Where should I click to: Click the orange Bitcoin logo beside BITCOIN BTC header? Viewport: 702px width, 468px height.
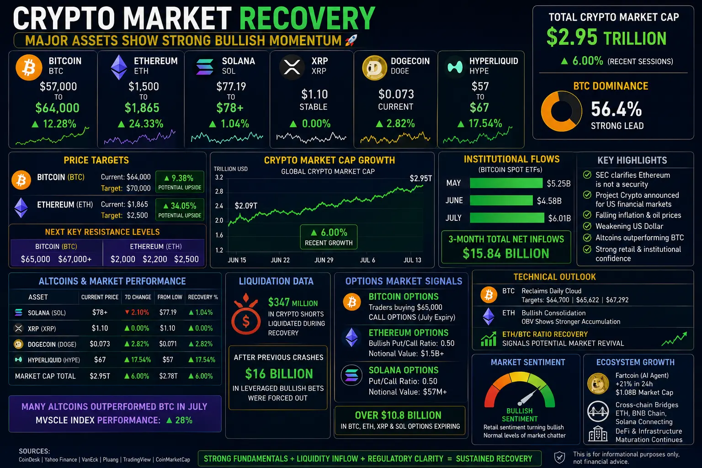point(29,67)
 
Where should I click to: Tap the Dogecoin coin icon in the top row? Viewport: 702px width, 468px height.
point(374,67)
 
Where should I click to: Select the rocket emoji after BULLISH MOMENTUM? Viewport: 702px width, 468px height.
point(351,40)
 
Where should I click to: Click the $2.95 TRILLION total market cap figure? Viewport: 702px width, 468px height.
point(606,37)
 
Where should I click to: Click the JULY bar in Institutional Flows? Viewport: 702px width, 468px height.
point(507,218)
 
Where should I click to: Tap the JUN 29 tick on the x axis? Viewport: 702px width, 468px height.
point(324,260)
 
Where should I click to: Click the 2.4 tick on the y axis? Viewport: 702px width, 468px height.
point(219,206)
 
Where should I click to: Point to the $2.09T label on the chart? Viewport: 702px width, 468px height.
point(246,206)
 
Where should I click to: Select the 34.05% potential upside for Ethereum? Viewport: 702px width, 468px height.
point(180,206)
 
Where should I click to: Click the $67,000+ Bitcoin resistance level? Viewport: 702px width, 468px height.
point(75,259)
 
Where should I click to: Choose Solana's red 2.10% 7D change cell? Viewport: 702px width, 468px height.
point(137,312)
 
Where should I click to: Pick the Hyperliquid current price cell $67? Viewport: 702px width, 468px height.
point(100,360)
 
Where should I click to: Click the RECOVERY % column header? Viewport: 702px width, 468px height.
point(203,297)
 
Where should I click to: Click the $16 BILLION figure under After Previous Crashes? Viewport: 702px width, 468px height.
point(279,374)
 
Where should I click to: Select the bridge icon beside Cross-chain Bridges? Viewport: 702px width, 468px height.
point(598,411)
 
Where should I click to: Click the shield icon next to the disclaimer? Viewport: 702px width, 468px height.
point(559,457)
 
